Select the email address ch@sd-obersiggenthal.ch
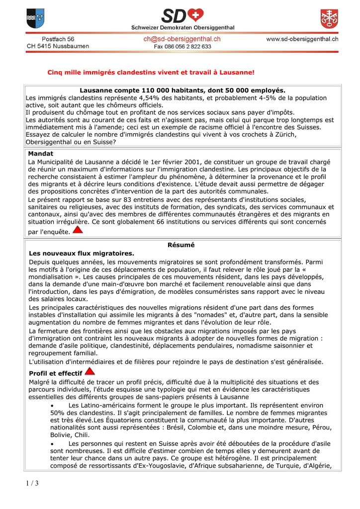(x=182, y=39)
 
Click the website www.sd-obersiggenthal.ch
(x=302, y=39)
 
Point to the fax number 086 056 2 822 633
(x=182, y=46)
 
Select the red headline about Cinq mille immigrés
(x=151, y=73)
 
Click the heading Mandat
(x=41, y=154)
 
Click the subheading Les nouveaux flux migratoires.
(x=82, y=253)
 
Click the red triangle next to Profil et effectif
(x=90, y=371)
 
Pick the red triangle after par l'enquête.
(x=78, y=230)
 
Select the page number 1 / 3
(x=30, y=483)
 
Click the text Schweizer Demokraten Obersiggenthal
(x=182, y=27)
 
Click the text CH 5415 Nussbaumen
(x=58, y=46)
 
